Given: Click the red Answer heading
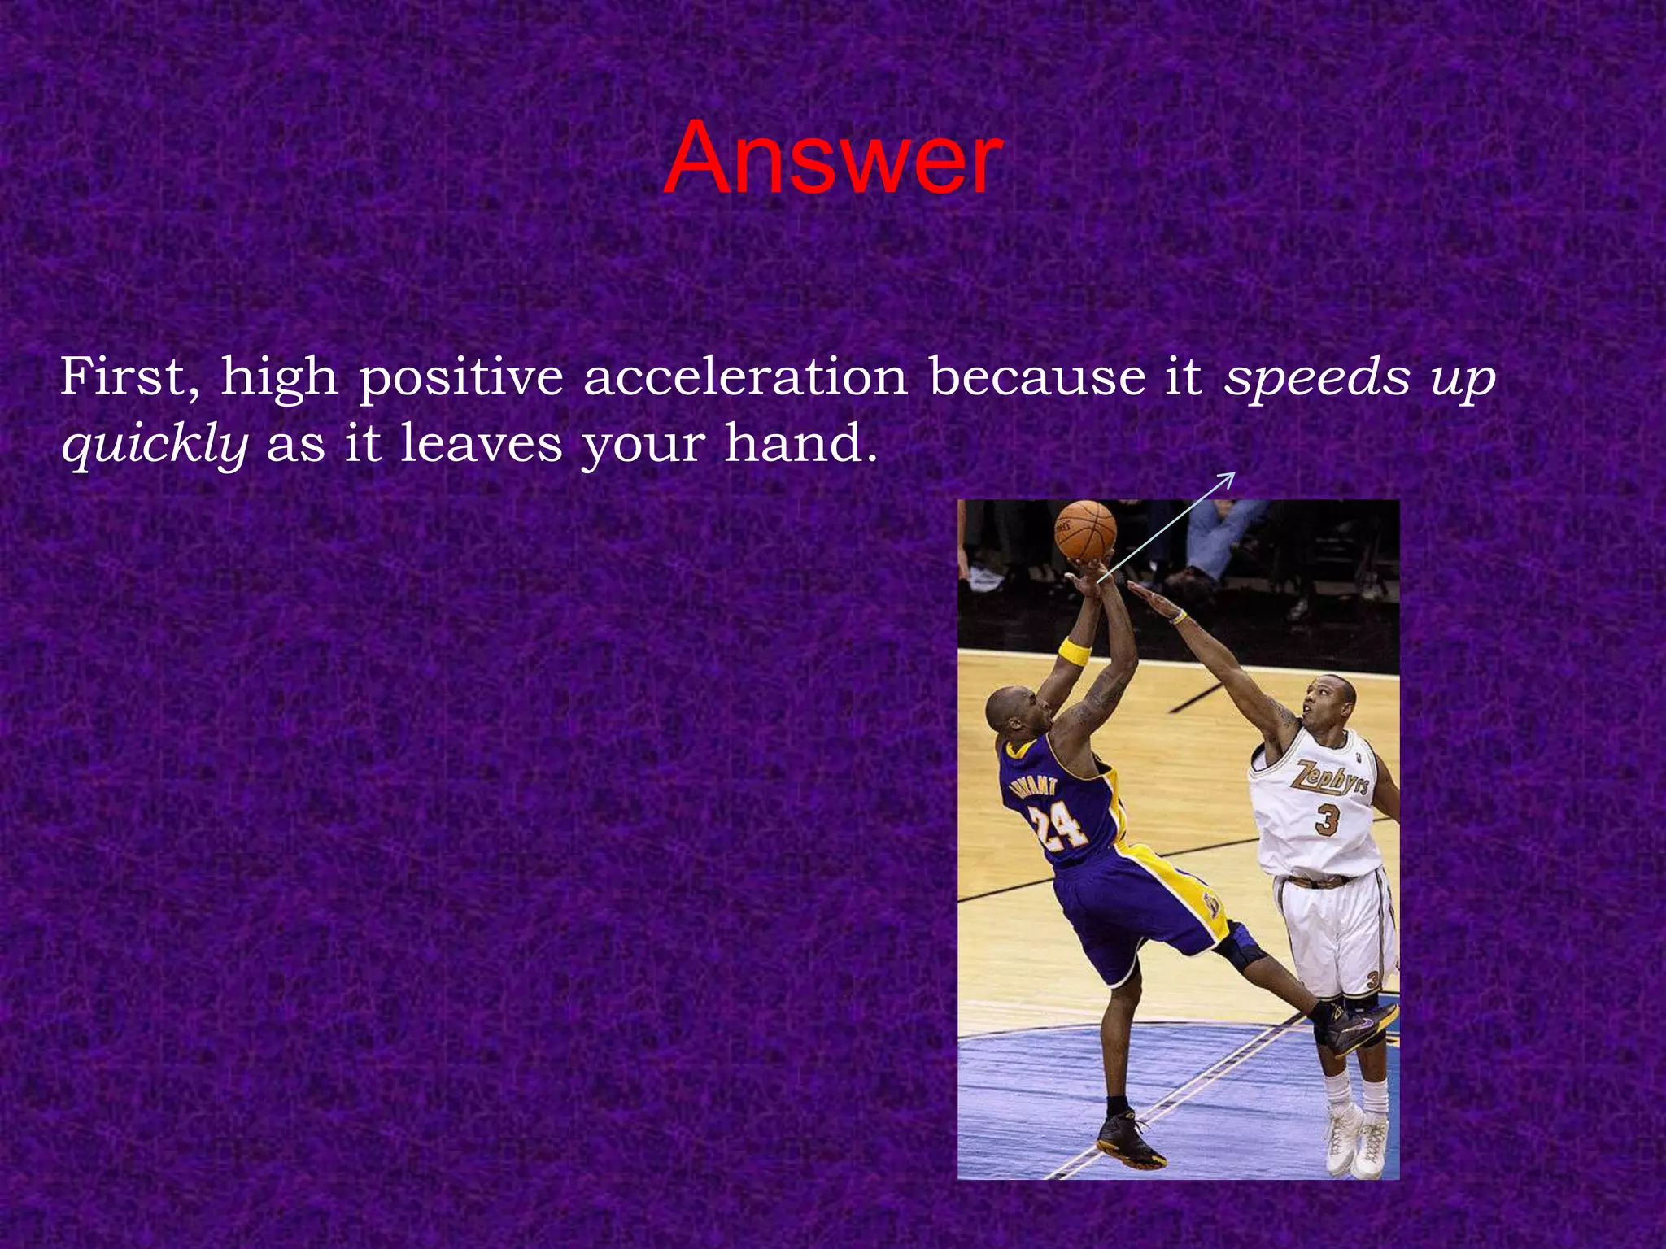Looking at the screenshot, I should click(x=832, y=159).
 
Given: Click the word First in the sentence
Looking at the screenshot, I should click(x=129, y=377).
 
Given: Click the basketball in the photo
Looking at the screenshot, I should click(x=1085, y=530).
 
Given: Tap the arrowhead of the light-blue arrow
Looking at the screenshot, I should click(x=1230, y=477).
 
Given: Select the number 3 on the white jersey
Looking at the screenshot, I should click(x=1326, y=819).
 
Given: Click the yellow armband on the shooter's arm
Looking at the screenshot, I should click(x=1074, y=651).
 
